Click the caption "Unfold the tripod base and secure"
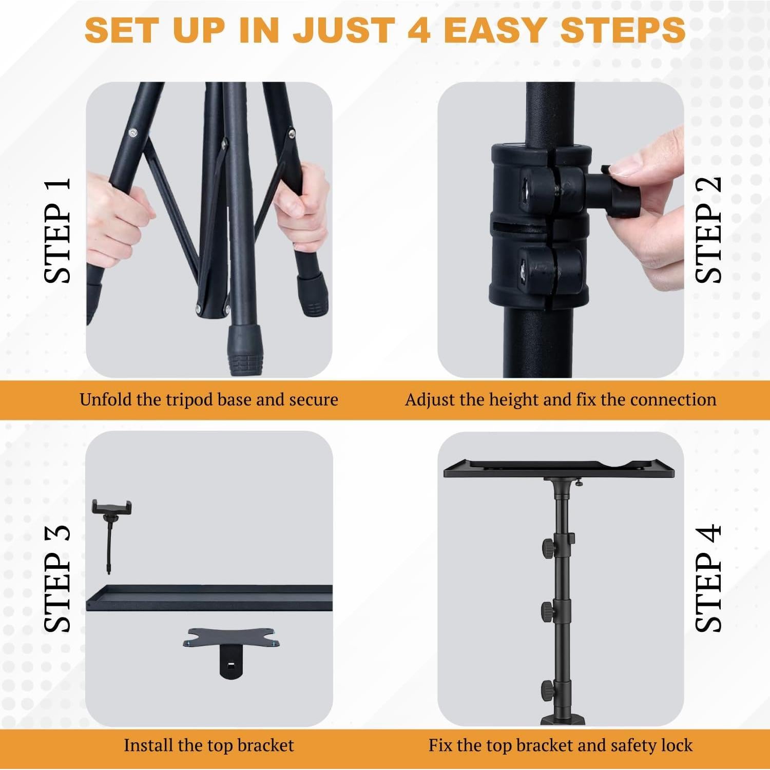pos(208,399)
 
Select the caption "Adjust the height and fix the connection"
pos(561,399)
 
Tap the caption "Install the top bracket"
pos(208,745)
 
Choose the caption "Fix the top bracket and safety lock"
pos(561,745)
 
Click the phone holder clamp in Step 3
pos(111,508)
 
